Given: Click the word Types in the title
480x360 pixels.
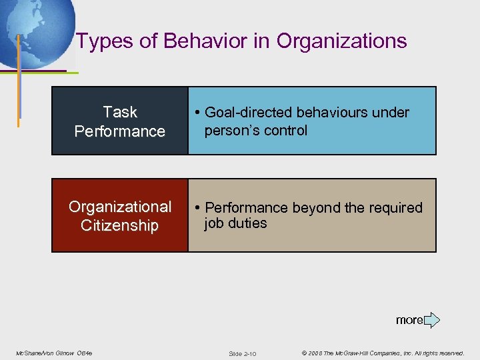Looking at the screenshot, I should click(97, 41).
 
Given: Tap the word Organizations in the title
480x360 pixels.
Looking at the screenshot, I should click(341, 41).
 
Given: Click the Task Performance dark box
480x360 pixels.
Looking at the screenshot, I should click(120, 121).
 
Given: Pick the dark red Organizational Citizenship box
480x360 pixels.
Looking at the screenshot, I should click(120, 215).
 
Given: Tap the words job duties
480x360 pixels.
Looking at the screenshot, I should click(235, 223).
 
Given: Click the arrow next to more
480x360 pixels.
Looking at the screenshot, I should click(432, 320).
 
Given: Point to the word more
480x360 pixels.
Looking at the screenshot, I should click(409, 320).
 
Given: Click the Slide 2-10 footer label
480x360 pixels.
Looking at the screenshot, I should click(242, 353).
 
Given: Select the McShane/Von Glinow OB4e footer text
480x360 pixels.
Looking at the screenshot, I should click(54, 353).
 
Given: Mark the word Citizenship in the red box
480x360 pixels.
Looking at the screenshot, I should click(120, 225).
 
